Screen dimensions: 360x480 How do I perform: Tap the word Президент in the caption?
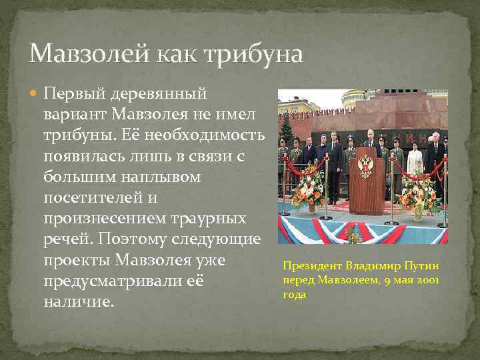(x=309, y=267)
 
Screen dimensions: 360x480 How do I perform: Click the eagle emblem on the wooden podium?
(x=366, y=165)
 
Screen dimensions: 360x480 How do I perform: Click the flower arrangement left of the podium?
(x=308, y=188)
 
